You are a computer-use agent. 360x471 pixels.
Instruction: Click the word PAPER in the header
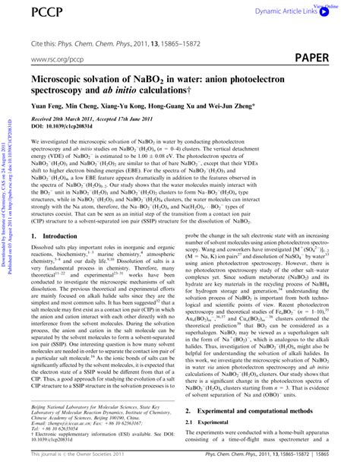click(327, 57)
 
